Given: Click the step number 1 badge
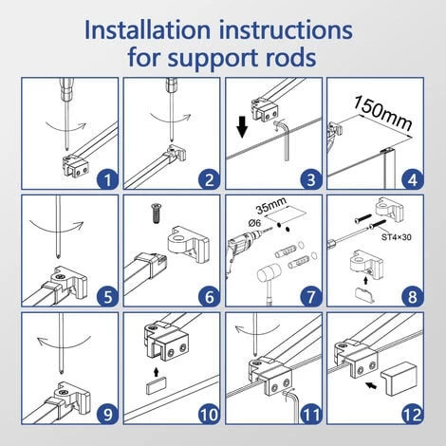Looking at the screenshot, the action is pyautogui.click(x=107, y=180).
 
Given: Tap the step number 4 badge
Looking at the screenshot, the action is pyautogui.click(x=413, y=180).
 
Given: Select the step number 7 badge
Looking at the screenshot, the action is pyautogui.click(x=311, y=297).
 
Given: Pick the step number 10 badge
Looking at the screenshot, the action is pyautogui.click(x=209, y=414).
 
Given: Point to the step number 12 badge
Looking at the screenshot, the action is pyautogui.click(x=413, y=414).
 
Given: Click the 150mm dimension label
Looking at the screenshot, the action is pyautogui.click(x=382, y=113).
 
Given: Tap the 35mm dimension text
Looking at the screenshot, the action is pyautogui.click(x=271, y=205).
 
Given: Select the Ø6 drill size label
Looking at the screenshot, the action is pyautogui.click(x=254, y=223).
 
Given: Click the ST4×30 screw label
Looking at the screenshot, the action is pyautogui.click(x=397, y=237).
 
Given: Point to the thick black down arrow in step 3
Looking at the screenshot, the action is pyautogui.click(x=242, y=127).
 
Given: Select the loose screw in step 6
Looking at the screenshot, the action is pyautogui.click(x=156, y=214).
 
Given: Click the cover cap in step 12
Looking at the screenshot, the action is pyautogui.click(x=399, y=380).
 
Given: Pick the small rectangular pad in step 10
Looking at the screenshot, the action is pyautogui.click(x=157, y=386).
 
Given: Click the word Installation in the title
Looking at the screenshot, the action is pyautogui.click(x=147, y=30).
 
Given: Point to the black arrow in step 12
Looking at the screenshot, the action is pyautogui.click(x=372, y=385).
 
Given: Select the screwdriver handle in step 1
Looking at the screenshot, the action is pyautogui.click(x=67, y=88).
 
